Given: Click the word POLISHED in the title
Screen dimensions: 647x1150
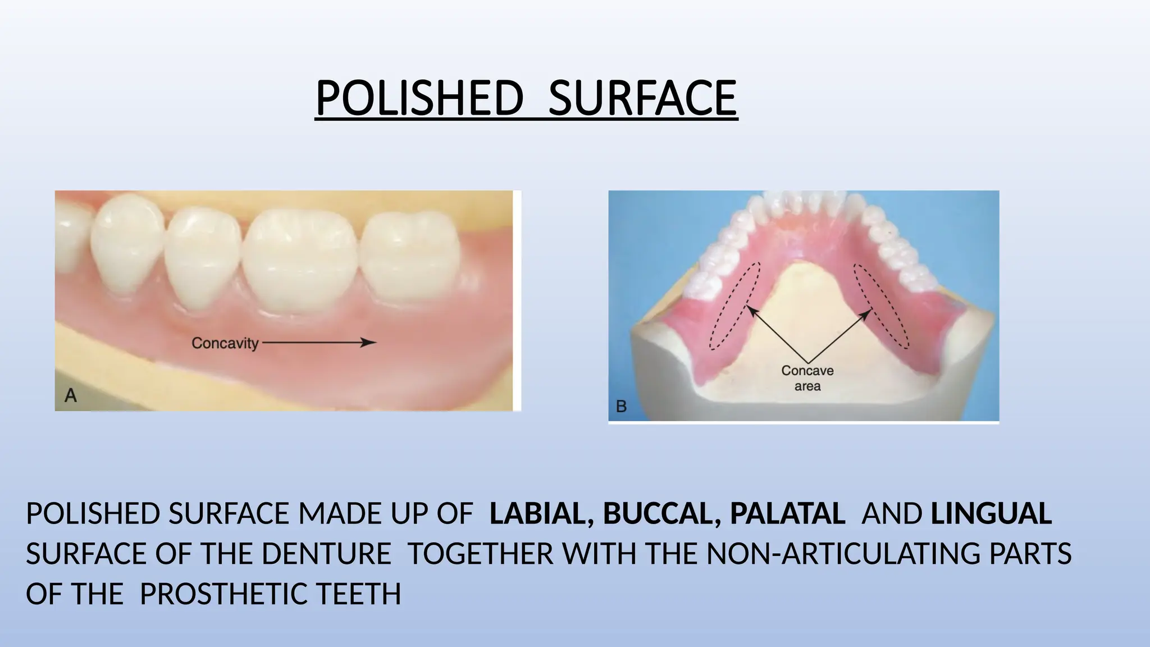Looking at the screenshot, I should [419, 98].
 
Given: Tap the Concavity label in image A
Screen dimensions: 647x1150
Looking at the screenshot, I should [225, 343].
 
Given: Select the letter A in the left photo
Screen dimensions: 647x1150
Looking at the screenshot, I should [71, 396].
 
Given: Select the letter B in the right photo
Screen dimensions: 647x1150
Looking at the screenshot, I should [621, 406].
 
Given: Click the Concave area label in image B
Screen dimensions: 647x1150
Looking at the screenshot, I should [807, 378].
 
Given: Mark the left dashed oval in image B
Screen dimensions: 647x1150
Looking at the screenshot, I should [734, 306].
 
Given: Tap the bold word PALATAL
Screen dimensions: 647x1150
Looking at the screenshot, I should [787, 513].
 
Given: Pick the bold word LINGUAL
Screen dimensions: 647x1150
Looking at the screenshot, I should [991, 513].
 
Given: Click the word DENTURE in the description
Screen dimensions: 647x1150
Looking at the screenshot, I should [326, 554].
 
